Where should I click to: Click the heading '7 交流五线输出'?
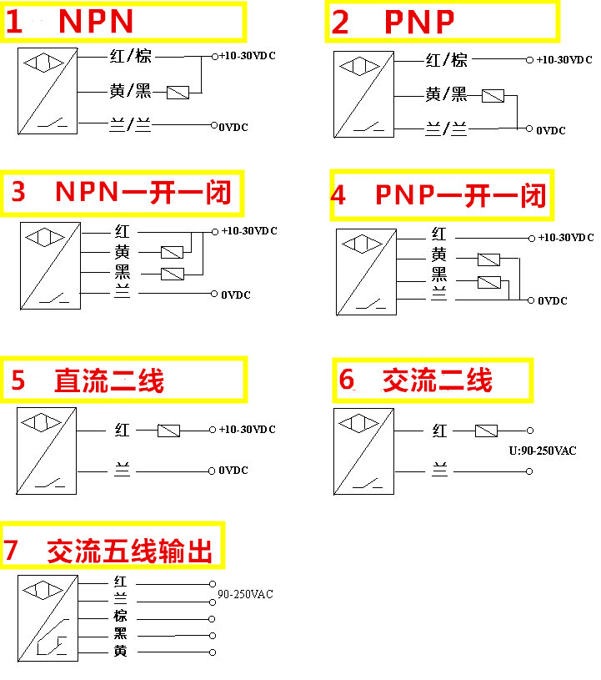point(113,551)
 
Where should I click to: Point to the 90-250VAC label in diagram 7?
point(246,595)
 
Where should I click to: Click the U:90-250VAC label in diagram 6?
point(543,451)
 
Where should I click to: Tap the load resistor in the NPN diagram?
point(178,93)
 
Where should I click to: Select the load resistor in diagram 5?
point(169,431)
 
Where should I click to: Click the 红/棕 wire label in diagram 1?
point(130,57)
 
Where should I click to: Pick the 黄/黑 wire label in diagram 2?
point(447,95)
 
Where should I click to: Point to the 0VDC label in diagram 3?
point(236,295)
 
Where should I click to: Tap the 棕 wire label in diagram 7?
point(121,617)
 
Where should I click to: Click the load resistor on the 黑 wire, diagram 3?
point(173,274)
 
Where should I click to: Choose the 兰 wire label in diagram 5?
point(122,471)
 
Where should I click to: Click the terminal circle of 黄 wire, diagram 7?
point(212,652)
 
